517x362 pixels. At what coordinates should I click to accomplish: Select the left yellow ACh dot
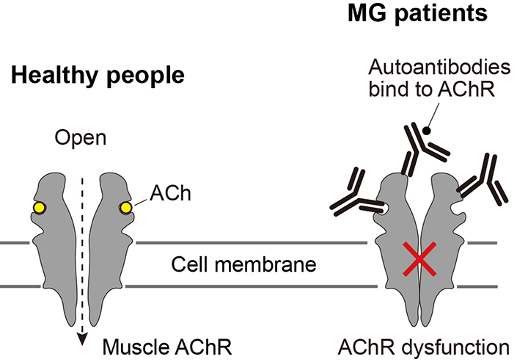pyautogui.click(x=38, y=209)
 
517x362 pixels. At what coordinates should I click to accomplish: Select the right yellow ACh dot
pyautogui.click(x=126, y=209)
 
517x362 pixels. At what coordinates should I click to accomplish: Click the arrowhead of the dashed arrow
pyautogui.click(x=82, y=339)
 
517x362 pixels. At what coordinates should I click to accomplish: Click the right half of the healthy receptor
pyautogui.click(x=111, y=242)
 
